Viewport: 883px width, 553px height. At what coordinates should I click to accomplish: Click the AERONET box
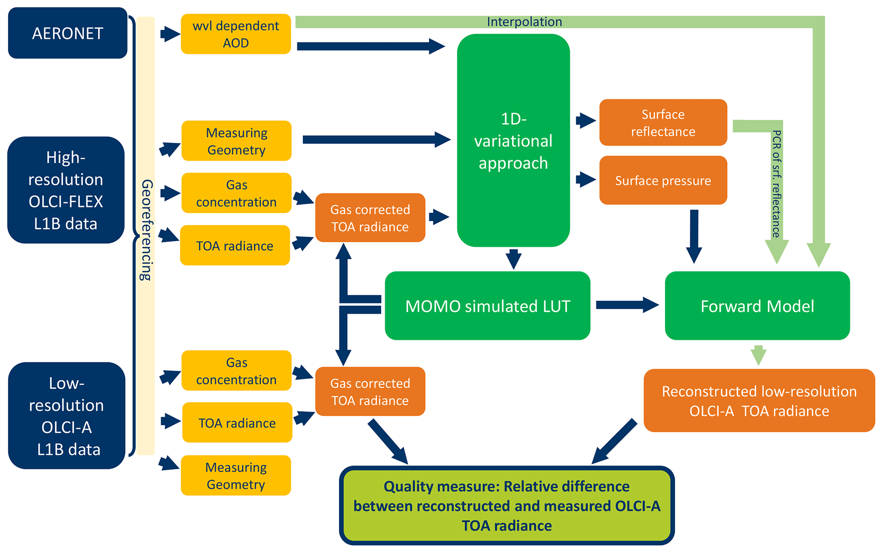tap(67, 33)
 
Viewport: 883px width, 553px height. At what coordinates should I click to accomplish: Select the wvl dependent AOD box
tap(236, 34)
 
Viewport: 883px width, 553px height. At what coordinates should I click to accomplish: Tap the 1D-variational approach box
tap(513, 140)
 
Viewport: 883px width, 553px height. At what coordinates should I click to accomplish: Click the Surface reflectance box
tap(663, 123)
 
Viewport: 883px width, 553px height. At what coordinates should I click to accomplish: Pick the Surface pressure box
tap(663, 180)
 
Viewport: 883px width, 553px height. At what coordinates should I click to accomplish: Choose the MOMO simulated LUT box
tap(487, 306)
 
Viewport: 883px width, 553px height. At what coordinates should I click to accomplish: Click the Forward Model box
tap(757, 306)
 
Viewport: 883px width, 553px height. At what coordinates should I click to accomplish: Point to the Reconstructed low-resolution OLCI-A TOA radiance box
tap(759, 401)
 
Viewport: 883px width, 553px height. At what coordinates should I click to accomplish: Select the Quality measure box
tap(507, 506)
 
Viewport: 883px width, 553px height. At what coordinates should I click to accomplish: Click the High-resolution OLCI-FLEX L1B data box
tap(66, 190)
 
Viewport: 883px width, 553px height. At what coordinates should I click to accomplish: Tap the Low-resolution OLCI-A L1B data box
tap(67, 416)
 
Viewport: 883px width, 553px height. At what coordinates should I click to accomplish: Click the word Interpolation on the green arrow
tap(524, 22)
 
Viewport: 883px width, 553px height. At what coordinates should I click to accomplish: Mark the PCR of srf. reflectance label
tap(777, 184)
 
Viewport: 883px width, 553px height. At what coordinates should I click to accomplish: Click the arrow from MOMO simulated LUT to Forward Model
tap(626, 305)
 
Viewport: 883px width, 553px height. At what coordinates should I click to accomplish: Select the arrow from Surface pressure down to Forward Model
tap(694, 235)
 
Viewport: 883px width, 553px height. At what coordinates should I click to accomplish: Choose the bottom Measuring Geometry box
tap(236, 476)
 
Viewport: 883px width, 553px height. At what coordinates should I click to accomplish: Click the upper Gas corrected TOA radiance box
tap(370, 218)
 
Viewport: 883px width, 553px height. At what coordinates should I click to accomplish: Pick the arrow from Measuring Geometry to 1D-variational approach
tap(376, 139)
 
